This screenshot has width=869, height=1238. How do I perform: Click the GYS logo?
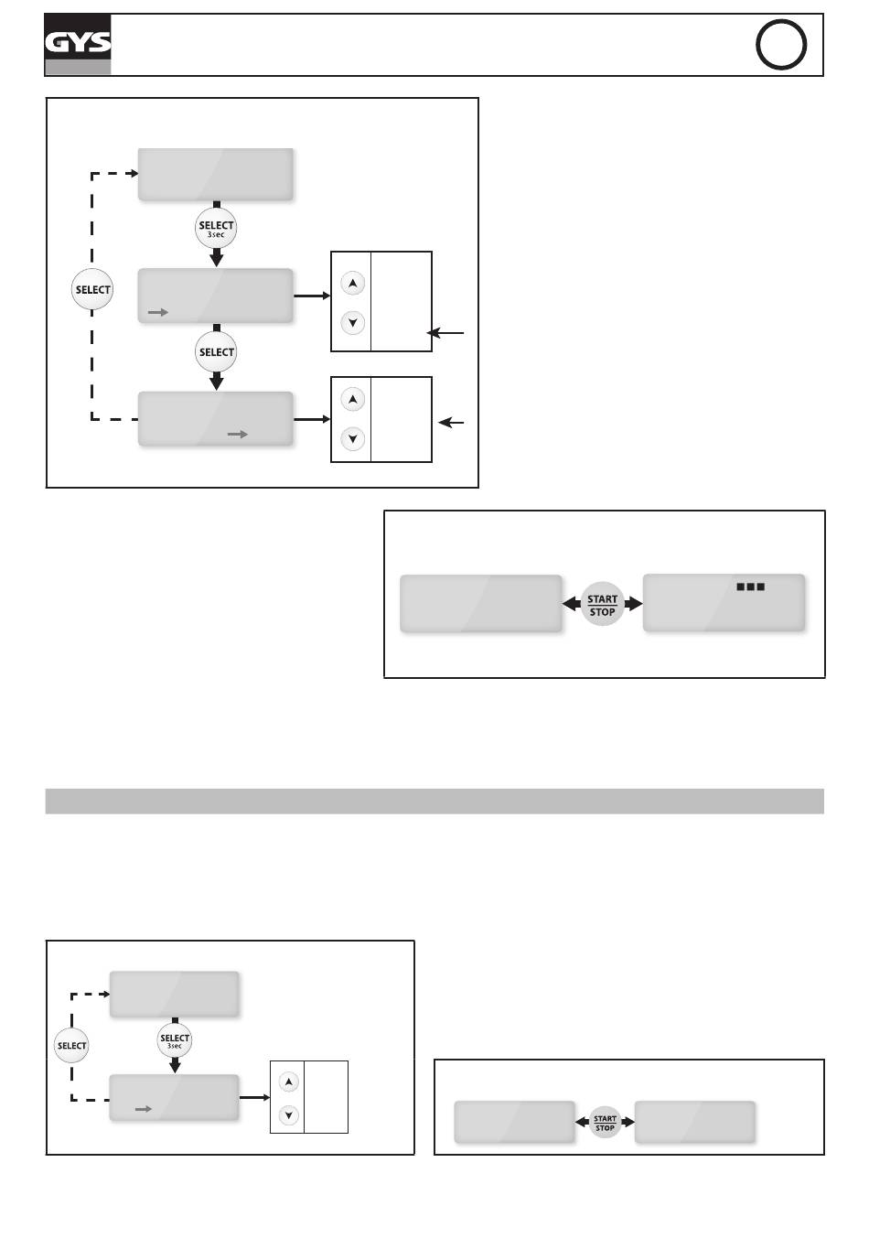[x=78, y=44]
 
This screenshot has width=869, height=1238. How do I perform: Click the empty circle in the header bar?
[x=781, y=45]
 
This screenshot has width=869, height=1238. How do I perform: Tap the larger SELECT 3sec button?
[x=216, y=229]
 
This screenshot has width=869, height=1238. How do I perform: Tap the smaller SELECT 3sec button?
[x=175, y=1040]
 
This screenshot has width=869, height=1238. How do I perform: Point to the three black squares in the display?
[x=750, y=587]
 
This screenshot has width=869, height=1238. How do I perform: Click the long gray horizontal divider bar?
[x=434, y=801]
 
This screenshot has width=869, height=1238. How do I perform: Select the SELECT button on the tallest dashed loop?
[x=92, y=290]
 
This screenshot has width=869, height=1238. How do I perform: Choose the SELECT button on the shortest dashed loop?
[x=71, y=1046]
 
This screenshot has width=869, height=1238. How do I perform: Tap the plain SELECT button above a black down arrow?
[x=216, y=352]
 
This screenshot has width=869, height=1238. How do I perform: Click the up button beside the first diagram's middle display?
[x=352, y=284]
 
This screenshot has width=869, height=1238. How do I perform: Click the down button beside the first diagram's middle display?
[x=352, y=322]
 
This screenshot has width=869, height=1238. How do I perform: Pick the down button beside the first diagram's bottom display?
[x=352, y=439]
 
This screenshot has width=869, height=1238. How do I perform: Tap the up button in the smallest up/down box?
[x=289, y=1082]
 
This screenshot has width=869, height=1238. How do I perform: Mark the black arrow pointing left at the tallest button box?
[x=446, y=333]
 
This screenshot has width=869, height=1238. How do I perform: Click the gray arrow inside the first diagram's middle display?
[x=158, y=313]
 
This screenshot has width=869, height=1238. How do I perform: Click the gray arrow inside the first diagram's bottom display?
[x=238, y=435]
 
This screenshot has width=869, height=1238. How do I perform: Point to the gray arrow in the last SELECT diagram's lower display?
[x=143, y=1109]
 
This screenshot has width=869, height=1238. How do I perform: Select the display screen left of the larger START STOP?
[x=481, y=604]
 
